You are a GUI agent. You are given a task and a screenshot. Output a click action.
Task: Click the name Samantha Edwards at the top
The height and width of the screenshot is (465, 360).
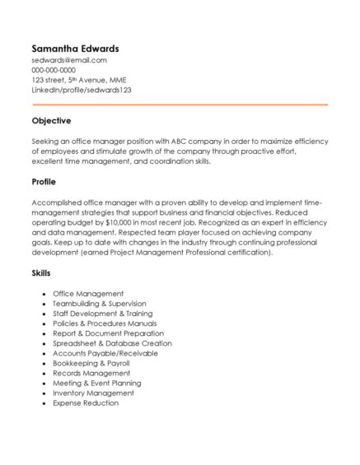coord(75,48)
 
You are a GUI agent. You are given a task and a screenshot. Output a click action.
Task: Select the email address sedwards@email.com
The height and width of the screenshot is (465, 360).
coord(70,60)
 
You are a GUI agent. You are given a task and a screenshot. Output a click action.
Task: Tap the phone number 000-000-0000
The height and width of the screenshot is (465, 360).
coord(54,70)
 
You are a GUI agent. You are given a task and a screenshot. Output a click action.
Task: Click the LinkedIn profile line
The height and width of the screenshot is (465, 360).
coord(82,90)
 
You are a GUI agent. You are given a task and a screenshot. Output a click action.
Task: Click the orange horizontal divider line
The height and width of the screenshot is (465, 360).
coord(180,105)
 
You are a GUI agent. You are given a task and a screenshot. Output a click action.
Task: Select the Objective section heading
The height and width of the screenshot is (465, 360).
coord(51,121)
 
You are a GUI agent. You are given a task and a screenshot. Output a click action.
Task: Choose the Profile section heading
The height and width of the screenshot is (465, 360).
coord(44,181)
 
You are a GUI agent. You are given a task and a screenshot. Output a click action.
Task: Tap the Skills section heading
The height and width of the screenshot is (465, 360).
coord(41,272)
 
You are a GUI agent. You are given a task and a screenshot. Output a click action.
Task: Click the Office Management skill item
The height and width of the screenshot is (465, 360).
coord(88,293)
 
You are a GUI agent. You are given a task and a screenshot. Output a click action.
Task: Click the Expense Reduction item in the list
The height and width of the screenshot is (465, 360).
coord(86,403)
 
